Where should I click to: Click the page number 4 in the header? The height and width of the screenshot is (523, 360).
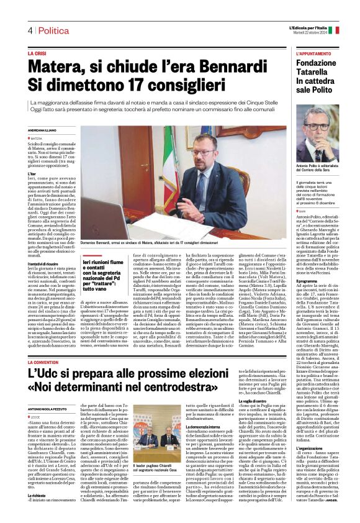30,30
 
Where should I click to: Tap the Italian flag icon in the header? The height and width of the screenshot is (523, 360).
334,29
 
